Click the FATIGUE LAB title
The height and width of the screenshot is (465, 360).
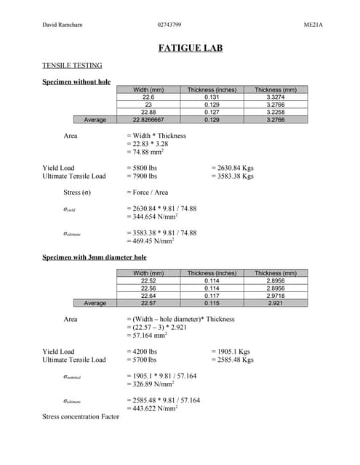(x=191, y=49)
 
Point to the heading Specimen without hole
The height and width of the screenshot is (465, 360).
(x=76, y=81)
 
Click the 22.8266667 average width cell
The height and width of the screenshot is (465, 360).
(x=148, y=119)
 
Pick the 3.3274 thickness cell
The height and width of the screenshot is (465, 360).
(x=276, y=97)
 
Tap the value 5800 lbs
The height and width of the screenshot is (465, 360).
(x=142, y=168)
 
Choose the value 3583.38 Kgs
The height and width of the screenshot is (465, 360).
(x=232, y=176)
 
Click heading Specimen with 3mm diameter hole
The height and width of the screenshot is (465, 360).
(x=95, y=257)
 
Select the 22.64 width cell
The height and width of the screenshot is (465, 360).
(x=148, y=296)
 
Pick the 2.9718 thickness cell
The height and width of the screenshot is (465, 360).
(x=276, y=296)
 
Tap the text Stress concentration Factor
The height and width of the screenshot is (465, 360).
(x=81, y=417)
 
